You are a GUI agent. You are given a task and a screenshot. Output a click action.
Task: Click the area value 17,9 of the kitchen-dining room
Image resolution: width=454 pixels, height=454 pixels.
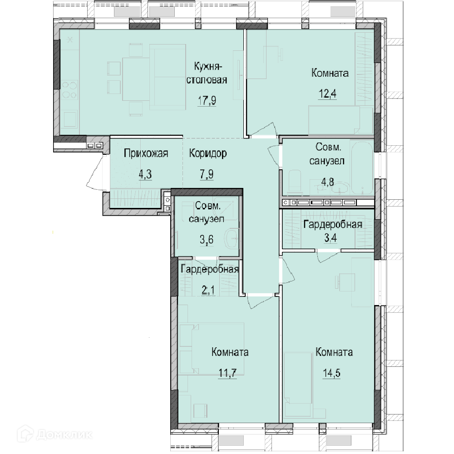(207, 101)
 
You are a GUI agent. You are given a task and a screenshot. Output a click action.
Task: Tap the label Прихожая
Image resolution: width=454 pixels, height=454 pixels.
(146, 153)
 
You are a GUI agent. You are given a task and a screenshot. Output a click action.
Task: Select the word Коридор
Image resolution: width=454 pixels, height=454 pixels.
(208, 153)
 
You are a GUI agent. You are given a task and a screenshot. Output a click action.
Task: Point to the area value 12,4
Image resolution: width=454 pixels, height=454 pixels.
(327, 94)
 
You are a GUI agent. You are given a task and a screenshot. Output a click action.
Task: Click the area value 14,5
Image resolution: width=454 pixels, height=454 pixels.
(331, 373)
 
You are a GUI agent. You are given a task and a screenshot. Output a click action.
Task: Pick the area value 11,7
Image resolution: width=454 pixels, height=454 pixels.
(227, 373)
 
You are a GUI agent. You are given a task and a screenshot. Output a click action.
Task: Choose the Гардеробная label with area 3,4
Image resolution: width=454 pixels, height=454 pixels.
(333, 224)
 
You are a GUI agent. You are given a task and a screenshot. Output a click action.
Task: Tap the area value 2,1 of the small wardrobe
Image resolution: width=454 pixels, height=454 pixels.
(208, 290)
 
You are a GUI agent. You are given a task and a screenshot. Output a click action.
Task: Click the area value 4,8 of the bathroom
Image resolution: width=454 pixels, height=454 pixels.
(327, 182)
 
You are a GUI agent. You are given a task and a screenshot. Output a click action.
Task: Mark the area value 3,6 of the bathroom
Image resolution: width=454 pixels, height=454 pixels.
(207, 240)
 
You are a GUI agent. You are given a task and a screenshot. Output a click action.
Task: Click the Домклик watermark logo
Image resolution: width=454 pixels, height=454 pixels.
(55, 434)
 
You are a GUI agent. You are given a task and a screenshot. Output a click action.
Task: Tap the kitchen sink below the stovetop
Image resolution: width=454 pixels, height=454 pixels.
(70, 119)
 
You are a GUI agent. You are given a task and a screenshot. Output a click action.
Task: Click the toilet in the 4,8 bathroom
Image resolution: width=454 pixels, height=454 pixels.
(296, 182)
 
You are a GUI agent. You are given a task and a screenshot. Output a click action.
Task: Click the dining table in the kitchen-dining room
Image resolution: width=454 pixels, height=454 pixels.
(136, 79)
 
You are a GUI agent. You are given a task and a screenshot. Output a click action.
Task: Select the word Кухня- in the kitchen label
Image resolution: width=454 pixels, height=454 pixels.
(207, 67)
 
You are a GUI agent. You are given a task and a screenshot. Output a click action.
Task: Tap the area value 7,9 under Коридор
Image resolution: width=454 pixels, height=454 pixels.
(207, 174)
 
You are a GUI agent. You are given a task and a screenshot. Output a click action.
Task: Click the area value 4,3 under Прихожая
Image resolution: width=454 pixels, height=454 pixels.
(145, 174)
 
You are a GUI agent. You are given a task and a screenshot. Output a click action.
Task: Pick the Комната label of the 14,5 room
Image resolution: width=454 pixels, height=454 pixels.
(334, 352)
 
